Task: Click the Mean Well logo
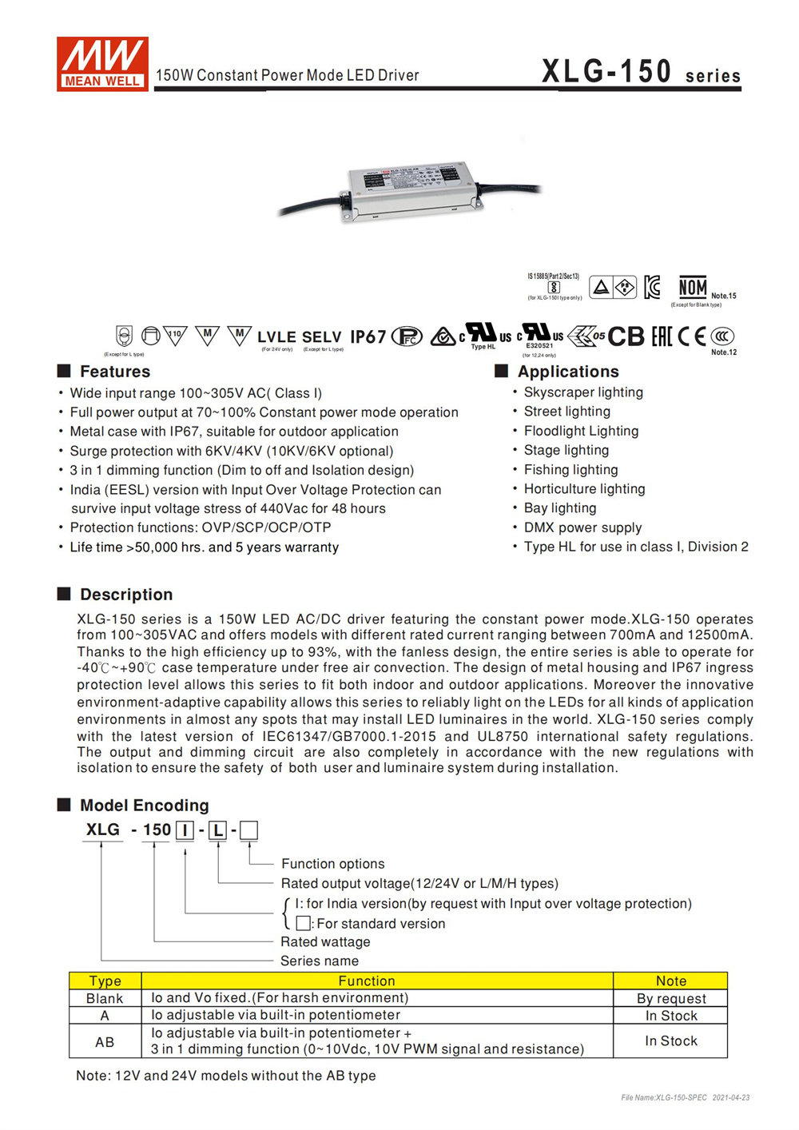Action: [101, 63]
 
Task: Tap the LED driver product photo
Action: [412, 190]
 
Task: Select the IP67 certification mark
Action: [368, 337]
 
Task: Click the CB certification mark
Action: [626, 337]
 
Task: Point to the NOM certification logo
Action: [692, 287]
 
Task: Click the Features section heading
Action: [114, 372]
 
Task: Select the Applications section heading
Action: [567, 372]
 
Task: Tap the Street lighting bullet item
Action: [566, 412]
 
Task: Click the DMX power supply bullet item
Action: [582, 527]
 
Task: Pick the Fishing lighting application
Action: [570, 470]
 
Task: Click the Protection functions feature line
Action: [200, 527]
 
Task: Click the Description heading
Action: [125, 595]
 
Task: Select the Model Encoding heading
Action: [144, 806]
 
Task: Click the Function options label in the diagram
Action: [332, 864]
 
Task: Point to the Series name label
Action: [319, 961]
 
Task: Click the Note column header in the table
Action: [670, 981]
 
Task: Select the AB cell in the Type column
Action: [105, 1042]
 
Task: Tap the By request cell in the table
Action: [670, 998]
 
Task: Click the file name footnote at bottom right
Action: [685, 1097]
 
